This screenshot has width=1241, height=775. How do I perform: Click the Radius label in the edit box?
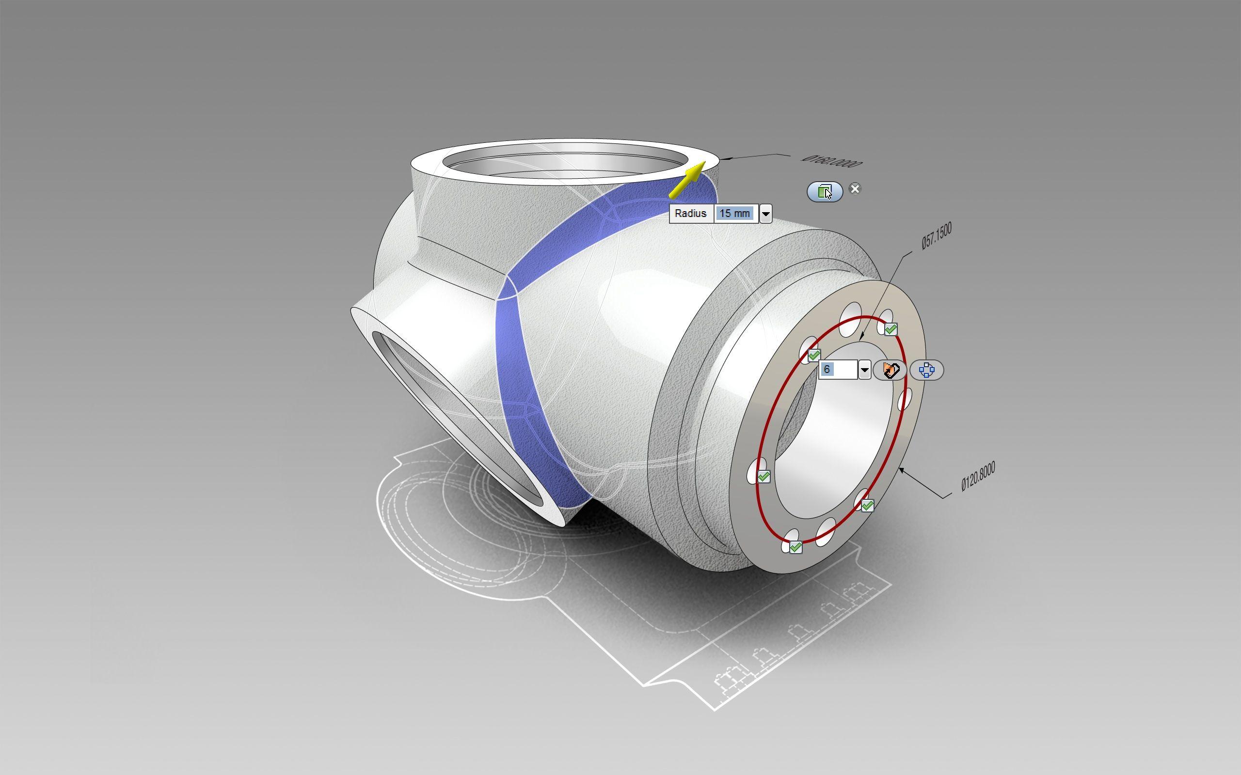tap(691, 214)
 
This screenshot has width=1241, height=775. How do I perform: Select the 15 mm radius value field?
tap(735, 214)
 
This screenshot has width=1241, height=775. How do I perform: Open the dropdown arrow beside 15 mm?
tap(765, 214)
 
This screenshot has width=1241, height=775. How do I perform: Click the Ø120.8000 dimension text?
tap(978, 477)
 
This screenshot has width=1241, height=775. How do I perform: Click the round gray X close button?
tap(855, 188)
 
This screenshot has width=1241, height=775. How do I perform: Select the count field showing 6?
tap(837, 370)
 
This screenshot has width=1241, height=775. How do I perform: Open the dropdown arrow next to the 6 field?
tap(865, 370)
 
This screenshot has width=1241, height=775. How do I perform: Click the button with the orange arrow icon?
tap(890, 370)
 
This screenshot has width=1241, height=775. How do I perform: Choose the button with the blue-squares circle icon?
tap(926, 370)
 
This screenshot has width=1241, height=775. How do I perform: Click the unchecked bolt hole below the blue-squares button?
tap(906, 399)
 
